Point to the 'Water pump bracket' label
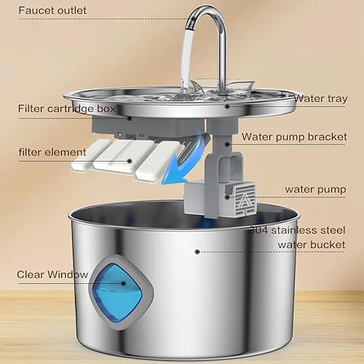[x=293, y=135]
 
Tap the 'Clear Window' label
[x=52, y=274]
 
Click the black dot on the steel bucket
[x=197, y=250]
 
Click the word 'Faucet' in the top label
[x=33, y=11]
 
